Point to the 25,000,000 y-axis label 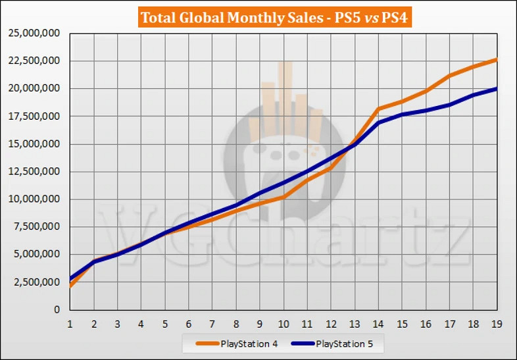[x=34, y=33]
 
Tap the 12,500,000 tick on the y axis [x=34, y=171]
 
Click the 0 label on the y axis [x=57, y=309]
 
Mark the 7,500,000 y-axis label [x=37, y=226]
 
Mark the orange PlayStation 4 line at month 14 [x=378, y=109]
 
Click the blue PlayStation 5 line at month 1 [x=70, y=278]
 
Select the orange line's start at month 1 [x=70, y=286]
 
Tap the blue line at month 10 [x=283, y=182]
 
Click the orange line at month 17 [x=449, y=76]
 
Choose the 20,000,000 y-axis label [x=34, y=88]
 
